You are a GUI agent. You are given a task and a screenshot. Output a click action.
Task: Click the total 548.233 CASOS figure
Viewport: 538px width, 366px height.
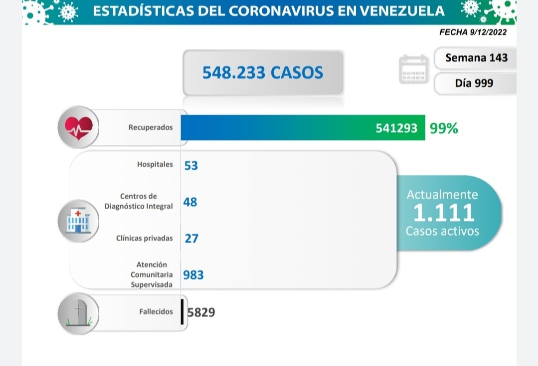coord(263,73)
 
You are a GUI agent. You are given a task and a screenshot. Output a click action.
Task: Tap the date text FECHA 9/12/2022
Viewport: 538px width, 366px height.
coord(473,32)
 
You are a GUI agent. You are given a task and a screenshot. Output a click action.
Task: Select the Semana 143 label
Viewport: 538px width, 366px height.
coord(476,57)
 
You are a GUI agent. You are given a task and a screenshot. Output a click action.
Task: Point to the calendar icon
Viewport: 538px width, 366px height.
coord(413,69)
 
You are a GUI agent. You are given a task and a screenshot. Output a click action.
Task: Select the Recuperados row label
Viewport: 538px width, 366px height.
coord(151,127)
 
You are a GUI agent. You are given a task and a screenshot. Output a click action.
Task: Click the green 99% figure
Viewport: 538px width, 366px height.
coord(443,128)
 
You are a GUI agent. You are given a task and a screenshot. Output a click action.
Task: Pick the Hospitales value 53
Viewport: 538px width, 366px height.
coord(191,165)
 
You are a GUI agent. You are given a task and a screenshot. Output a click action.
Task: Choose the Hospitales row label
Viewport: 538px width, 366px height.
coord(155,164)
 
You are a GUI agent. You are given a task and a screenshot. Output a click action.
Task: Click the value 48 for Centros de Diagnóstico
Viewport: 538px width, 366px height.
coord(190,202)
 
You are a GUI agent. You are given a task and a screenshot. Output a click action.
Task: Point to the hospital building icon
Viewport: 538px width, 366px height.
coord(78,220)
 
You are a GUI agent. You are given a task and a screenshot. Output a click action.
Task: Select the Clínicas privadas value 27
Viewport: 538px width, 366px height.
coord(191,238)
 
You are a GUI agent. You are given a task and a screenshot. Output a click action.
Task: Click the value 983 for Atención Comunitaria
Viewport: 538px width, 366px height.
coord(193,275)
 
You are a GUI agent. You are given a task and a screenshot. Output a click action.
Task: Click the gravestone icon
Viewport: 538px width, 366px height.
coord(78,313)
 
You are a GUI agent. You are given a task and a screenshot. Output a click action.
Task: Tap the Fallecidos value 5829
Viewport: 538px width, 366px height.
coord(201,313)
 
